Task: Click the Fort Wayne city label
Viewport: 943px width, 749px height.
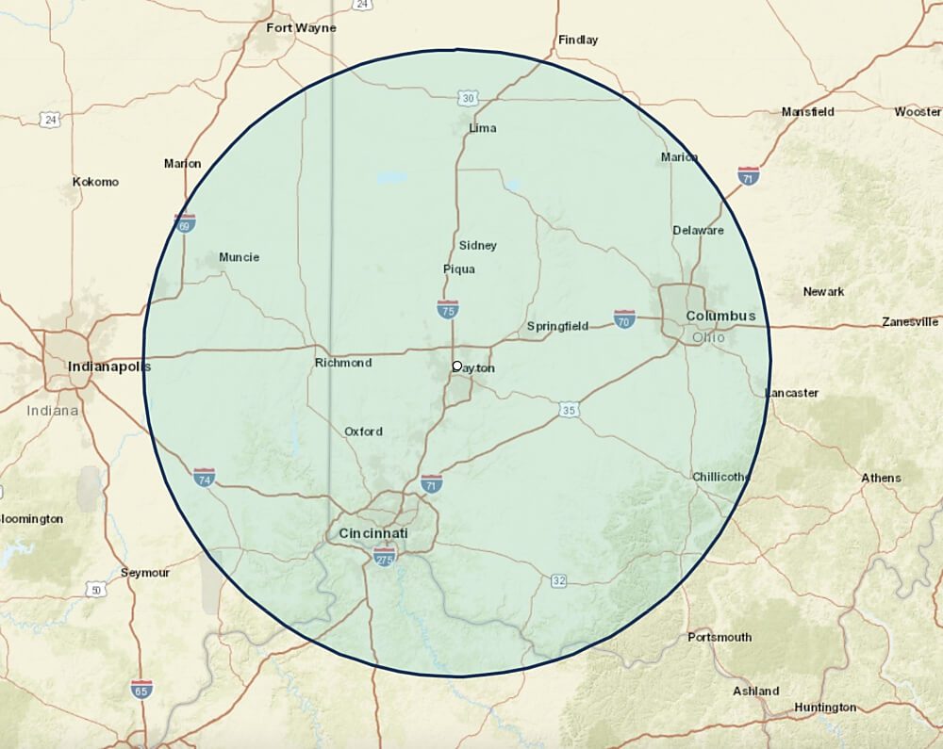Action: pyautogui.click(x=301, y=28)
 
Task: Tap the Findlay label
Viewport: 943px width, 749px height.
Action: pyautogui.click(x=578, y=41)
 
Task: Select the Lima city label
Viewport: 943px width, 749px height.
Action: pyautogui.click(x=483, y=128)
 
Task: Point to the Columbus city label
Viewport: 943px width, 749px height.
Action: pyautogui.click(x=720, y=316)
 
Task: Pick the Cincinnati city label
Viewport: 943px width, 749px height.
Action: pyautogui.click(x=373, y=534)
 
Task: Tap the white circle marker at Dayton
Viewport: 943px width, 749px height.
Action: pyautogui.click(x=457, y=366)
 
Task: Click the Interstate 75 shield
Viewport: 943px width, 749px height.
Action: pyautogui.click(x=449, y=308)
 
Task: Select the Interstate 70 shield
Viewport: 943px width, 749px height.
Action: pyautogui.click(x=624, y=318)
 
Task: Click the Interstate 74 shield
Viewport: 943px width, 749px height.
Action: pyautogui.click(x=204, y=477)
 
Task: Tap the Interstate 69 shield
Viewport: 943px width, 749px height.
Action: pyautogui.click(x=186, y=223)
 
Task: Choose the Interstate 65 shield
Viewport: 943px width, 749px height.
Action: pyautogui.click(x=142, y=689)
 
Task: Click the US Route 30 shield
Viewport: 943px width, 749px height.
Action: pyautogui.click(x=470, y=98)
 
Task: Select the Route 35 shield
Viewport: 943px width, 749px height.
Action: pyautogui.click(x=568, y=410)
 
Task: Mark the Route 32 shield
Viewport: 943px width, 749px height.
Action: pyautogui.click(x=559, y=581)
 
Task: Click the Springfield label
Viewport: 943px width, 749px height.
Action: pyautogui.click(x=557, y=327)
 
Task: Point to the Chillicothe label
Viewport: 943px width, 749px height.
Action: pyautogui.click(x=720, y=477)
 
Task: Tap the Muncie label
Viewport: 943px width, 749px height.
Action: pyautogui.click(x=239, y=257)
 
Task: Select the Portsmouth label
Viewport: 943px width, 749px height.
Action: pyautogui.click(x=720, y=638)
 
